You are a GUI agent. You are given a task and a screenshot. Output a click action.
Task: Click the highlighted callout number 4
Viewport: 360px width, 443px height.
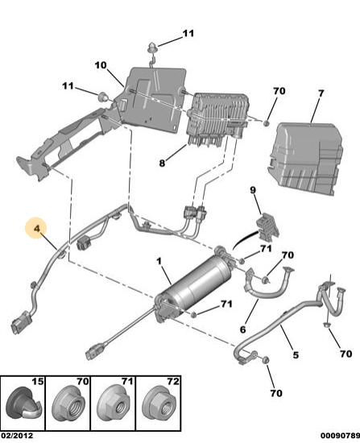click(37, 228)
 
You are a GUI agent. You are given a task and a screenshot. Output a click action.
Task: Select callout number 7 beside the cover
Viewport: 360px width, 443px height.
click(321, 93)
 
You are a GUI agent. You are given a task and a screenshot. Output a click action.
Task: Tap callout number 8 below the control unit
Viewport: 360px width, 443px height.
click(162, 163)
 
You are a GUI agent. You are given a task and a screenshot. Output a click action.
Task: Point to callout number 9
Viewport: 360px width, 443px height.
click(253, 190)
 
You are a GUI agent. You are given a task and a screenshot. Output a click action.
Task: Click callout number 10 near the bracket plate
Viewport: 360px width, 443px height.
click(101, 65)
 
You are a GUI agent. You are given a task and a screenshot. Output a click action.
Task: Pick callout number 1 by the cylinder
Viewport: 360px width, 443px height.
click(159, 261)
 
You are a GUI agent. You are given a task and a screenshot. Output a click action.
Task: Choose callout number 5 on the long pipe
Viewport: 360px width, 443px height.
click(296, 355)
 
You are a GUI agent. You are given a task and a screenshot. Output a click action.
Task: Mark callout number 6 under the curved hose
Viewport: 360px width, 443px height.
click(242, 329)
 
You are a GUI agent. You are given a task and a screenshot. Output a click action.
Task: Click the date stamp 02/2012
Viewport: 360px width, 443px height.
click(17, 436)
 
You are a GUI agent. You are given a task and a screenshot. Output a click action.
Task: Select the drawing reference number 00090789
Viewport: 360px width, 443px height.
click(340, 436)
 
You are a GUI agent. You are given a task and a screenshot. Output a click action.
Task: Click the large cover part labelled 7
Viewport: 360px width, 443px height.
click(306, 158)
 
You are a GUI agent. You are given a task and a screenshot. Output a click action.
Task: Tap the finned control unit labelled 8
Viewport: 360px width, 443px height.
click(218, 118)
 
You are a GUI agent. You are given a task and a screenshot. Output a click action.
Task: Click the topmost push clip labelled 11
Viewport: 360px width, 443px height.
click(151, 48)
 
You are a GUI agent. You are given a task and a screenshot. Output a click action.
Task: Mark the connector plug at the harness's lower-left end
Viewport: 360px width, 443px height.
click(20, 323)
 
